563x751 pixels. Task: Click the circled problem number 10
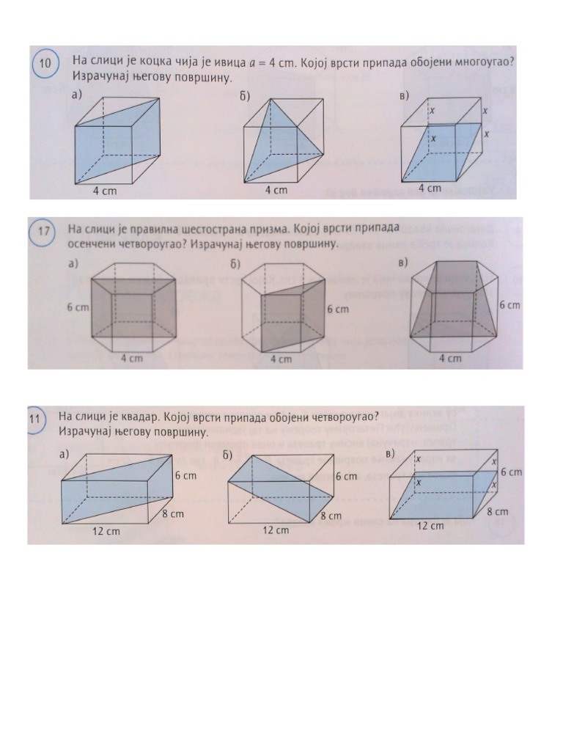45,64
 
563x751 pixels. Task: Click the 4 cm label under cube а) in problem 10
104,191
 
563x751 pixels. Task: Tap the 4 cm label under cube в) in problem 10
430,188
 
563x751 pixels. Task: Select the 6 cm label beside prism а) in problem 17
78,307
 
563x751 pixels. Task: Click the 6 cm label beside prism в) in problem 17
509,305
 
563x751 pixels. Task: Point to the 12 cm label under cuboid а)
106,531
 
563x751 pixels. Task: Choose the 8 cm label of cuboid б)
331,516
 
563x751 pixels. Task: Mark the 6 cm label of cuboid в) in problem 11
511,472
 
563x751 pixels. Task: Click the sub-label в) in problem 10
404,95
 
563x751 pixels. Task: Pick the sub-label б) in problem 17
235,264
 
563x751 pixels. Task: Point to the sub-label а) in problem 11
65,454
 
